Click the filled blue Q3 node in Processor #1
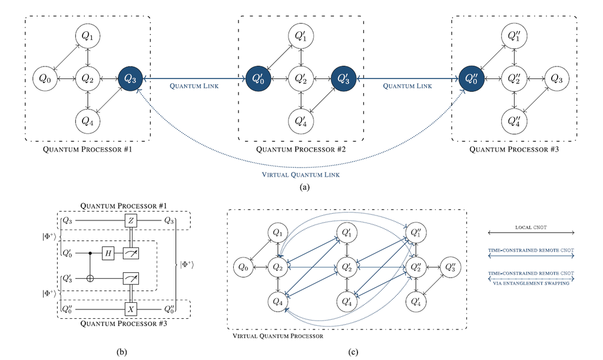pos(130,78)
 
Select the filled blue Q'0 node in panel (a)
pos(259,78)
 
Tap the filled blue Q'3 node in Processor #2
pos(343,78)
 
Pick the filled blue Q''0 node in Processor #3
pos(472,78)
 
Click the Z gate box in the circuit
pos(131,221)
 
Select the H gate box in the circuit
pos(108,253)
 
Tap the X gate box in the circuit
pos(131,309)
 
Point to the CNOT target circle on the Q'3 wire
pos(90,278)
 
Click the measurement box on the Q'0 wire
pos(131,253)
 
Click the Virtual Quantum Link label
pos(301,174)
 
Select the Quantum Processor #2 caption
pos(301,149)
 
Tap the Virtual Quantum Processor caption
pos(278,336)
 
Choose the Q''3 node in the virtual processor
pos(450,267)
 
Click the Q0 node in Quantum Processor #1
pos(45,78)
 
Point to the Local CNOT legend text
pos(531,227)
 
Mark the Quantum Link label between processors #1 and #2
pos(194,86)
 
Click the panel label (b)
pos(121,352)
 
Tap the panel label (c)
pos(353,352)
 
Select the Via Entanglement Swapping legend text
pos(531,283)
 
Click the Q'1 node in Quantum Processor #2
pos(301,36)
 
